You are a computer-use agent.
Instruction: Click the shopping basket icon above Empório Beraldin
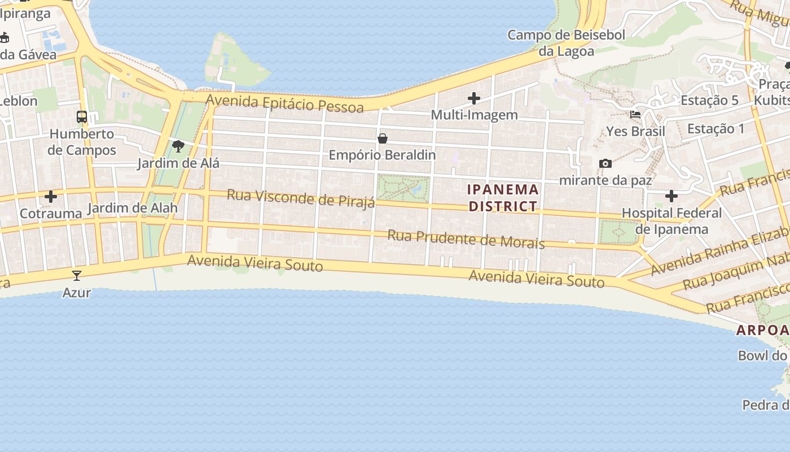(383, 138)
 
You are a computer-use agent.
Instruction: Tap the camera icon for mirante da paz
(605, 164)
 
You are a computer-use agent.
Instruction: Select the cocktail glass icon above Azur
(77, 276)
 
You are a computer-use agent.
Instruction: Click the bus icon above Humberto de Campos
(82, 117)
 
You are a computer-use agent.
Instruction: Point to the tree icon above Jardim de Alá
(178, 147)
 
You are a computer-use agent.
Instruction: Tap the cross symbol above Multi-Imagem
(474, 99)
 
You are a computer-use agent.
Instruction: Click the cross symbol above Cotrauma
(51, 197)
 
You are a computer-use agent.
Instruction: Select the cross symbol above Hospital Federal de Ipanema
(671, 197)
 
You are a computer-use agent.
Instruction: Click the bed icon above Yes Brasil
(635, 115)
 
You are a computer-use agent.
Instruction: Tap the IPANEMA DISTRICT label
(503, 198)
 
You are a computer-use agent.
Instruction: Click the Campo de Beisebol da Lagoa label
(567, 43)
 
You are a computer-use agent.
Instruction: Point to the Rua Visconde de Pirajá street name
(301, 198)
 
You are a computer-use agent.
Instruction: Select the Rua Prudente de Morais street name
(466, 239)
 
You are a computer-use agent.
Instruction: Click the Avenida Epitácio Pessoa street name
(284, 103)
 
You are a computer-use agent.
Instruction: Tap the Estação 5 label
(709, 101)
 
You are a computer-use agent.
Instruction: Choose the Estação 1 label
(716, 129)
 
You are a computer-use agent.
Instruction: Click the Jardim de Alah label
(133, 208)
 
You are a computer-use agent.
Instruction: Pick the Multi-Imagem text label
(474, 115)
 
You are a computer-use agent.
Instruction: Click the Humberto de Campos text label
(82, 142)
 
